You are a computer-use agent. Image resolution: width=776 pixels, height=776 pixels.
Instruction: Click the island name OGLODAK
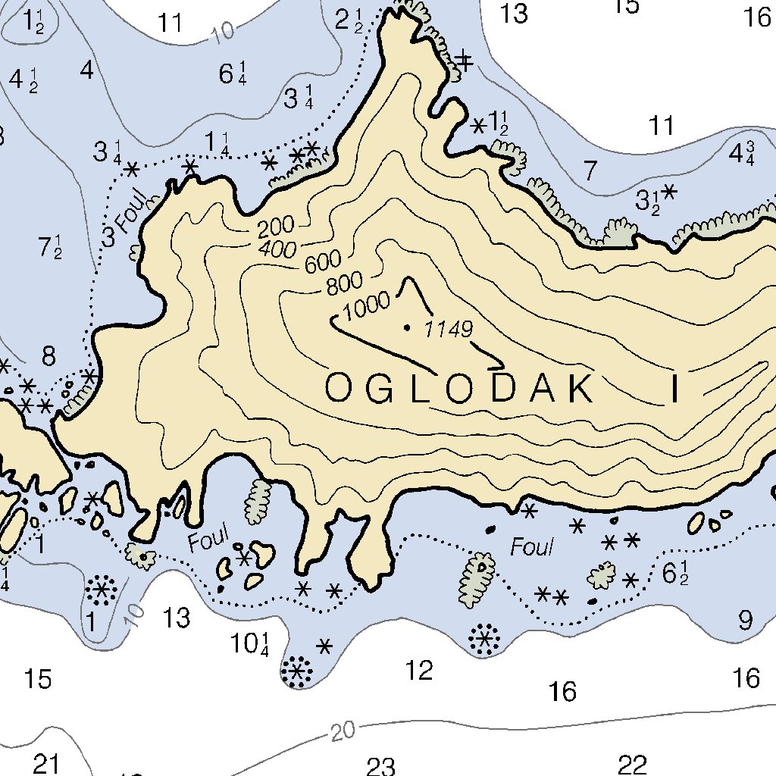[460, 388]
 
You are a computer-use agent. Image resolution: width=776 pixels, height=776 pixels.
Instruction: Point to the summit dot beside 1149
[408, 328]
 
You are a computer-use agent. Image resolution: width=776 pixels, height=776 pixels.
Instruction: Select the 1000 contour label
[367, 305]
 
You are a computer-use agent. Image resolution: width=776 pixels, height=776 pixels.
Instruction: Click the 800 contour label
[344, 283]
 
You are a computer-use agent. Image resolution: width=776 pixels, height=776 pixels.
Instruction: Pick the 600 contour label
[322, 263]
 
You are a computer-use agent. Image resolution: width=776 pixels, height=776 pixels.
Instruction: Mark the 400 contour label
[277, 247]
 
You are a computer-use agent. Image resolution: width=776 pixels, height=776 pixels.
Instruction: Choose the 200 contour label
[275, 229]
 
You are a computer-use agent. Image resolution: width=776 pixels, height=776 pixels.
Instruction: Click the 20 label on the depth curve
[343, 732]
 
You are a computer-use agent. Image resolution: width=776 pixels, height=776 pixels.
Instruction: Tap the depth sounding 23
[380, 767]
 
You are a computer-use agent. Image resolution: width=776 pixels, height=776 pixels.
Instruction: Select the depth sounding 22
[631, 765]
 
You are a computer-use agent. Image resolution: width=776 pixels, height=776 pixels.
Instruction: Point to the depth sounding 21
[45, 764]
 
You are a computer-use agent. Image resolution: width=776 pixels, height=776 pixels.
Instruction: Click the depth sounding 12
[419, 670]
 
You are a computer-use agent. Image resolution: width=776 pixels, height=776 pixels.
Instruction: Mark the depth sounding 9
[746, 621]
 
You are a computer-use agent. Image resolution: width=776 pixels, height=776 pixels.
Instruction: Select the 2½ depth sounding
[349, 20]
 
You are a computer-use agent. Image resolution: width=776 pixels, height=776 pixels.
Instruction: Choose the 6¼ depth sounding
[232, 74]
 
